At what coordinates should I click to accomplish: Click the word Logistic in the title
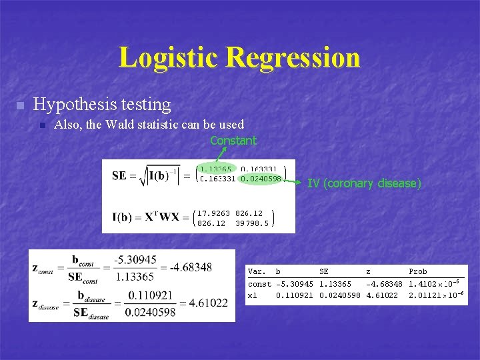[169, 58]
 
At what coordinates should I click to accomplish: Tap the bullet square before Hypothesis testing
[20, 105]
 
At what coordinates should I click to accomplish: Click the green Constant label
[233, 141]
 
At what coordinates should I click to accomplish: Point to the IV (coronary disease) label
[364, 183]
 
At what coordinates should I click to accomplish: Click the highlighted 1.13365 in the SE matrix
[215, 170]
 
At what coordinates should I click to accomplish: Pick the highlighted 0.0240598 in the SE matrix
[261, 179]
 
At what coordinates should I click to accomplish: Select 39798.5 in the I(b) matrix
[252, 223]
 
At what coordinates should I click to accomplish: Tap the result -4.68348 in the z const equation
[191, 267]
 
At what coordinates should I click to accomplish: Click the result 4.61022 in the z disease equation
[203, 303]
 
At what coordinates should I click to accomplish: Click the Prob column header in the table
[417, 272]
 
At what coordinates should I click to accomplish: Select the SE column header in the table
[324, 272]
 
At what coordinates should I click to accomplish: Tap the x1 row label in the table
[252, 295]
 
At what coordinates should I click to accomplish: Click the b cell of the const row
[295, 285]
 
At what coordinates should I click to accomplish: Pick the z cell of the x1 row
[382, 295]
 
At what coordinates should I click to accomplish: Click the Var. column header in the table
[257, 272]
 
